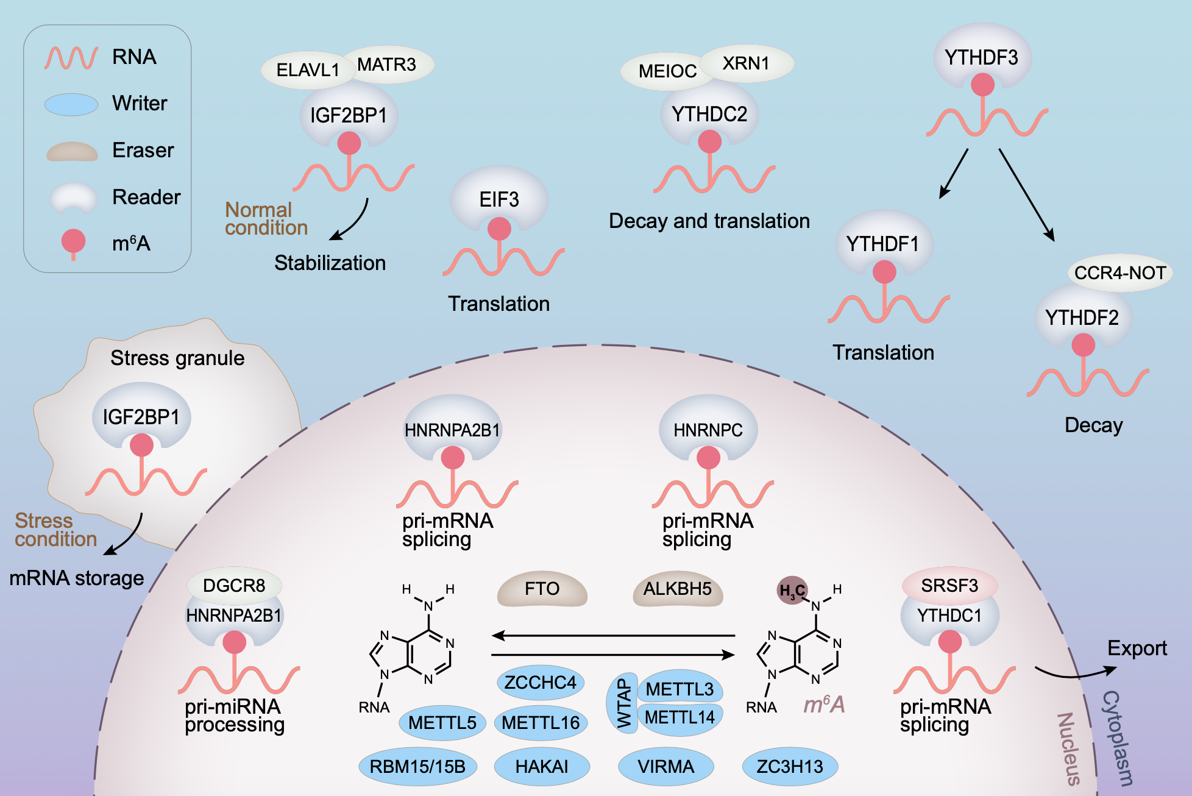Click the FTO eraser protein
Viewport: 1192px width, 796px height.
(x=542, y=589)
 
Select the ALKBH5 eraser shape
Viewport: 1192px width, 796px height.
(x=678, y=589)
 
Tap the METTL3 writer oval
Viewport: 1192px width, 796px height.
(x=679, y=688)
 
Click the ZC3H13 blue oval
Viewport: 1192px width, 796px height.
(x=790, y=766)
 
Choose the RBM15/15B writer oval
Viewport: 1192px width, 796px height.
(x=417, y=766)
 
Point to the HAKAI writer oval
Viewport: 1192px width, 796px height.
(x=542, y=766)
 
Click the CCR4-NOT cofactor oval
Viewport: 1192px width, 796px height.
(x=1120, y=272)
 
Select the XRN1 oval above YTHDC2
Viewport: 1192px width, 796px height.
(x=746, y=63)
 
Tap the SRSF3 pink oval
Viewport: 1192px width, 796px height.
(x=949, y=585)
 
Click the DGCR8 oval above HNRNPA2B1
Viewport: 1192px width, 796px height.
(x=234, y=585)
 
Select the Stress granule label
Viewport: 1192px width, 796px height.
(x=177, y=358)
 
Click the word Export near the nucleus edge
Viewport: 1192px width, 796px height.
(x=1137, y=648)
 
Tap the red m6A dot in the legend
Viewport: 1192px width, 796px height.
(x=73, y=241)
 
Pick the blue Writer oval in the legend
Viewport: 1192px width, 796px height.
(x=71, y=104)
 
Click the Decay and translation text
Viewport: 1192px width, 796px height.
(x=709, y=221)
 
